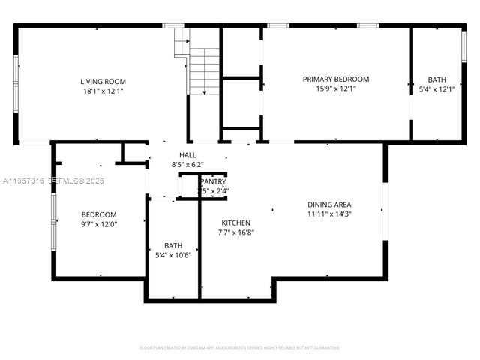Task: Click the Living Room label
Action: [103, 81]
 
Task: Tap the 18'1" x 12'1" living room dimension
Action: [103, 91]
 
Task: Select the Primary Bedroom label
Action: [335, 79]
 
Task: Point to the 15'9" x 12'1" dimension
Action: [335, 88]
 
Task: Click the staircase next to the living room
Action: [202, 71]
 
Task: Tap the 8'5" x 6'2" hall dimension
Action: [187, 164]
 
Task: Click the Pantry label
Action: [213, 182]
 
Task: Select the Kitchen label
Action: [235, 223]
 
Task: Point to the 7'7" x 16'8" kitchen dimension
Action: [235, 232]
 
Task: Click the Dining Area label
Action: [329, 204]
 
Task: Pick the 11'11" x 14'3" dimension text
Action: [329, 214]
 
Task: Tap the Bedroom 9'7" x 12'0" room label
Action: [99, 214]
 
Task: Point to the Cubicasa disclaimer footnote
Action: [240, 347]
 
